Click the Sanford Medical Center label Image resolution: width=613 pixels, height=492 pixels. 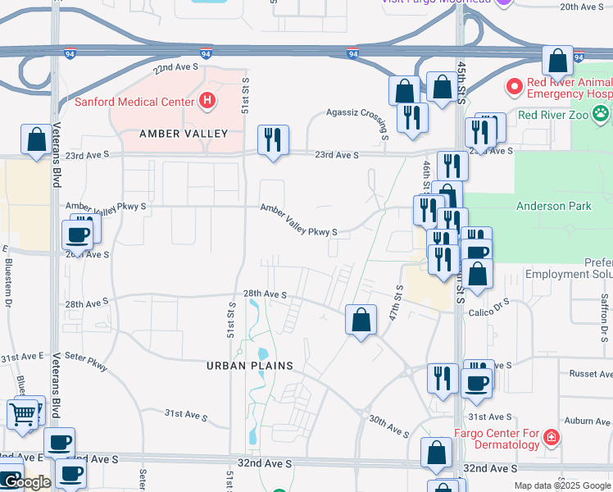[134, 102]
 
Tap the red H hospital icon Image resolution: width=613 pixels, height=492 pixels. [207, 101]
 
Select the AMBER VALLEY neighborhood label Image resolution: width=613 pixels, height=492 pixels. [183, 133]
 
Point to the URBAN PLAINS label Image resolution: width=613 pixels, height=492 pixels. [250, 365]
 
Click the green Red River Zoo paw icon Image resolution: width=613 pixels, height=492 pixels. [602, 114]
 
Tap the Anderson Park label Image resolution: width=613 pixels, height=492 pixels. [553, 206]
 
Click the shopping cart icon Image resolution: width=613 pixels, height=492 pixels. [24, 413]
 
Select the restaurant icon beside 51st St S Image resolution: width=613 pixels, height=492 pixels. [273, 139]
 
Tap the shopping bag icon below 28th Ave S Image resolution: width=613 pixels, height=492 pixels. [361, 320]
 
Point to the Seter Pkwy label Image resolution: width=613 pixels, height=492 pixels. [86, 362]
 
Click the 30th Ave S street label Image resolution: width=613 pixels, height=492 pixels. [388, 426]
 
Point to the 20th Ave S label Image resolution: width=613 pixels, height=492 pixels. [582, 7]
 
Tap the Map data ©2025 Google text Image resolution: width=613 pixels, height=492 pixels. [561, 485]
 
